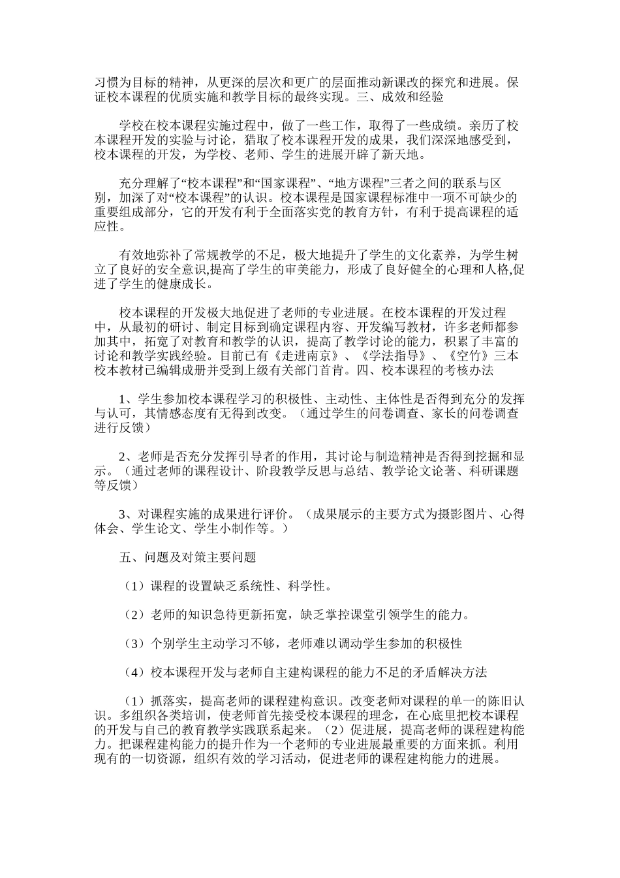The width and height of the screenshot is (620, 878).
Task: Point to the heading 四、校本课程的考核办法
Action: tap(419, 370)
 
